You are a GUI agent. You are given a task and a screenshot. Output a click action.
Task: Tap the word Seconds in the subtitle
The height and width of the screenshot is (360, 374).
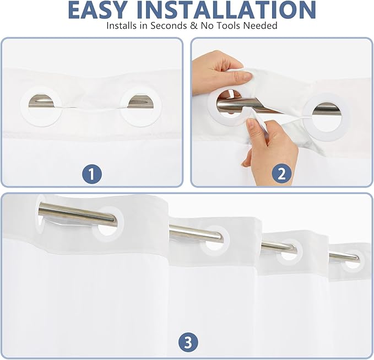pyautogui.click(x=169, y=25)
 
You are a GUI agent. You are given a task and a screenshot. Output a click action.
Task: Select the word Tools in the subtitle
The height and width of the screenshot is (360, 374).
pyautogui.click(x=228, y=25)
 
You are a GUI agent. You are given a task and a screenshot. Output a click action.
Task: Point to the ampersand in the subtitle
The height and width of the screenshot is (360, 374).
pyautogui.click(x=194, y=25)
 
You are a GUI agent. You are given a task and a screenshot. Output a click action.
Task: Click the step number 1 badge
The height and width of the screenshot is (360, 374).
pyautogui.click(x=92, y=174)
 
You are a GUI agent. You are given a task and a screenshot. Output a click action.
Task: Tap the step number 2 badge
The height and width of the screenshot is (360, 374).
pyautogui.click(x=281, y=174)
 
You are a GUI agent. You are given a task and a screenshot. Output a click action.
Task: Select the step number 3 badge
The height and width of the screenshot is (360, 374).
pyautogui.click(x=188, y=343)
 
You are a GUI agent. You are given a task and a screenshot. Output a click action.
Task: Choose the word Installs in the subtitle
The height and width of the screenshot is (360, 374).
pyautogui.click(x=123, y=25)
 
